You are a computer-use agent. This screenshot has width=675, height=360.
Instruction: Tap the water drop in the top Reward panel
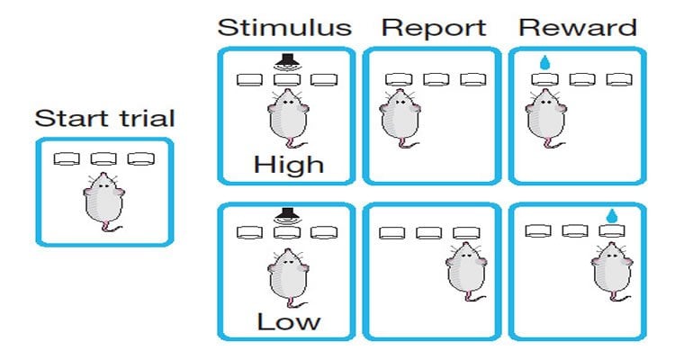[x=544, y=63]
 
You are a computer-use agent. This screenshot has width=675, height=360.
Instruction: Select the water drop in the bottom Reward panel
[x=612, y=215]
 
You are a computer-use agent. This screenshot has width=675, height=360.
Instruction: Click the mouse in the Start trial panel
[x=103, y=199]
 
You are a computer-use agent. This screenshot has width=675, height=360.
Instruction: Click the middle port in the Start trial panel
[x=103, y=159]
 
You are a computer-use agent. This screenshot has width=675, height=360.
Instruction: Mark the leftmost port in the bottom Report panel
[x=391, y=233]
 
